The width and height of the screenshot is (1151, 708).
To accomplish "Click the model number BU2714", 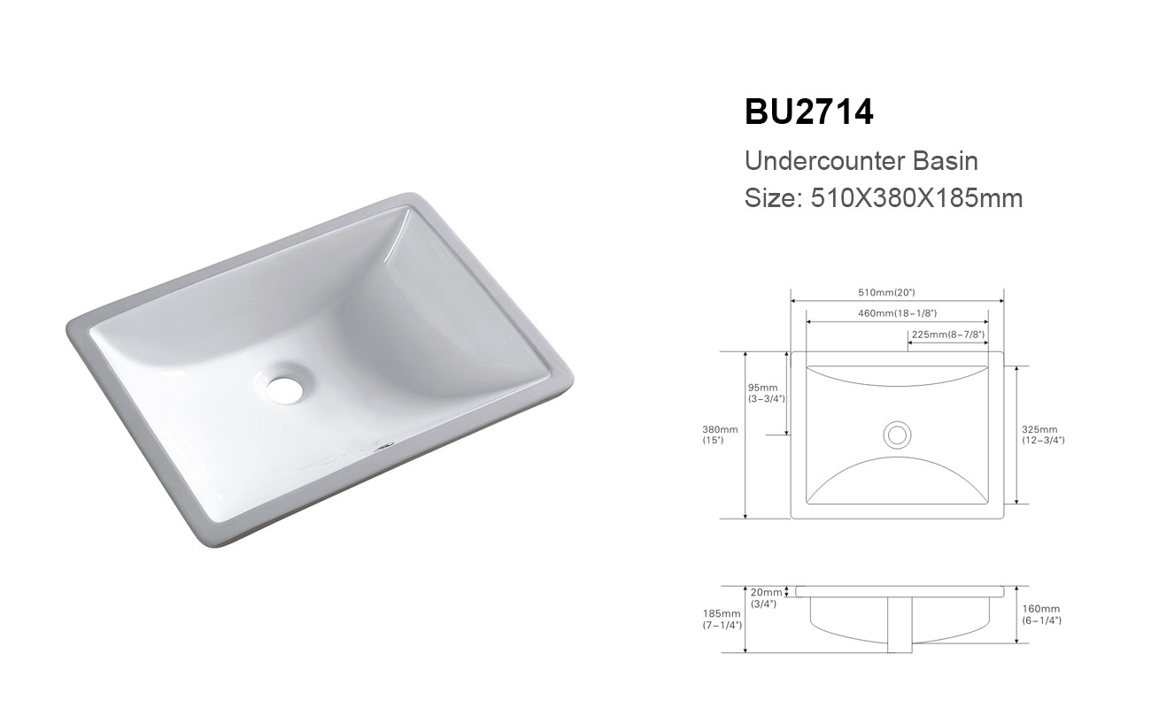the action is tap(808, 112).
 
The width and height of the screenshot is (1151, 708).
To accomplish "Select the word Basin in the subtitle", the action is tap(945, 161).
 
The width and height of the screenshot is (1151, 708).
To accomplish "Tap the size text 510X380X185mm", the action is tap(916, 198).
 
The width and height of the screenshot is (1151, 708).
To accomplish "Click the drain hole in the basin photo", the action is tap(285, 389).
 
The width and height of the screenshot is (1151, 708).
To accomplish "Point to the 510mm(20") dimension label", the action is tap(886, 292).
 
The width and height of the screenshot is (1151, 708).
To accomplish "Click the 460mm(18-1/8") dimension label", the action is tap(897, 313).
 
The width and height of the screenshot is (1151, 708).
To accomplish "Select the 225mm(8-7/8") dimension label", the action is tap(948, 335).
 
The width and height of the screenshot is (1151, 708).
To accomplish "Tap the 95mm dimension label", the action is tap(762, 388).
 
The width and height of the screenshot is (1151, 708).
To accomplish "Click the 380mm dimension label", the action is tap(720, 429).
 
